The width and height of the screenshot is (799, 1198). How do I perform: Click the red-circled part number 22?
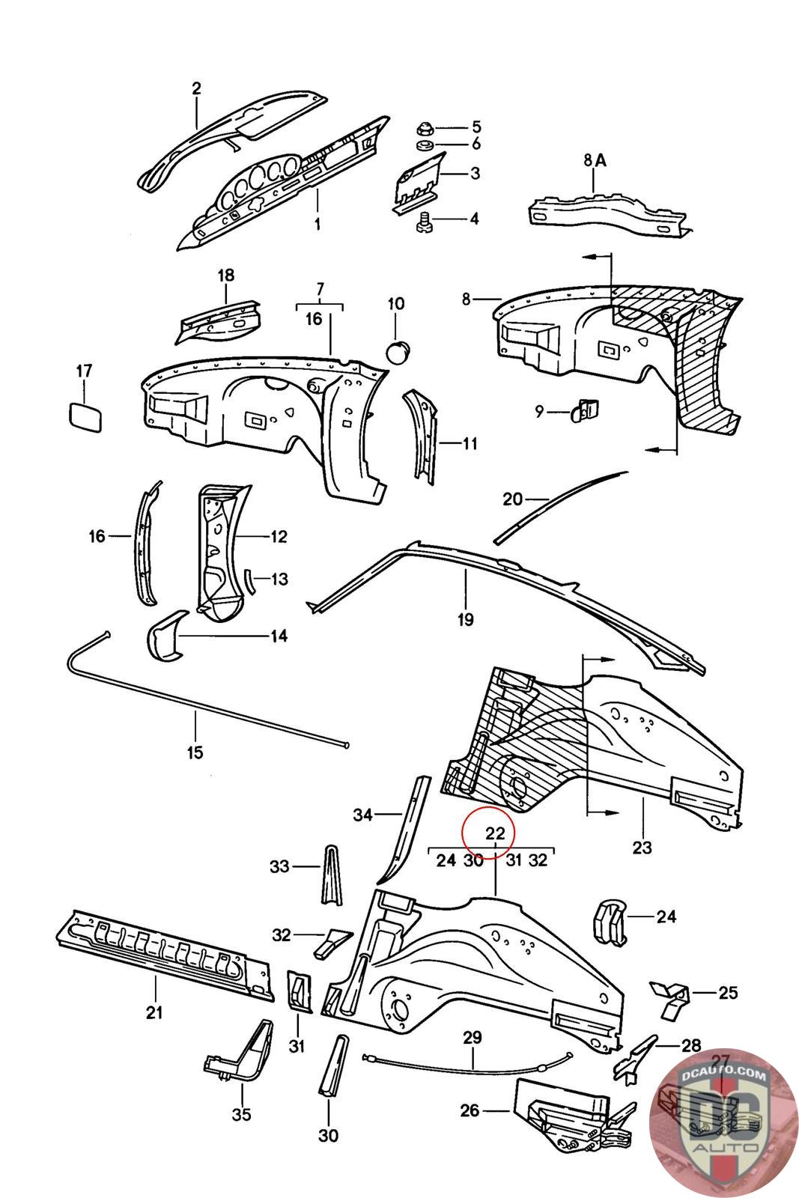(495, 833)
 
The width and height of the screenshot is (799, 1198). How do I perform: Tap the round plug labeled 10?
(397, 350)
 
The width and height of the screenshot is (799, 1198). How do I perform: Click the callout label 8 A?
(593, 159)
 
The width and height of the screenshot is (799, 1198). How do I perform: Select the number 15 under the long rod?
(195, 752)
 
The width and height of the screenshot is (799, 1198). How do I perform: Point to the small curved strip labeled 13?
(250, 580)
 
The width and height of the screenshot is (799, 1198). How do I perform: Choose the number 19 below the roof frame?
(465, 618)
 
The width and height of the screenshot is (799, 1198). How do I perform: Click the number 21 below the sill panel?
(154, 1012)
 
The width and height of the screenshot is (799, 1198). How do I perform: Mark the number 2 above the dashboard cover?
(196, 88)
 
